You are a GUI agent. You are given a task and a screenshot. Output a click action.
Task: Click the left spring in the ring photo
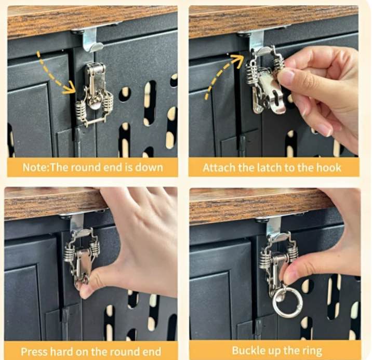(264, 260)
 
